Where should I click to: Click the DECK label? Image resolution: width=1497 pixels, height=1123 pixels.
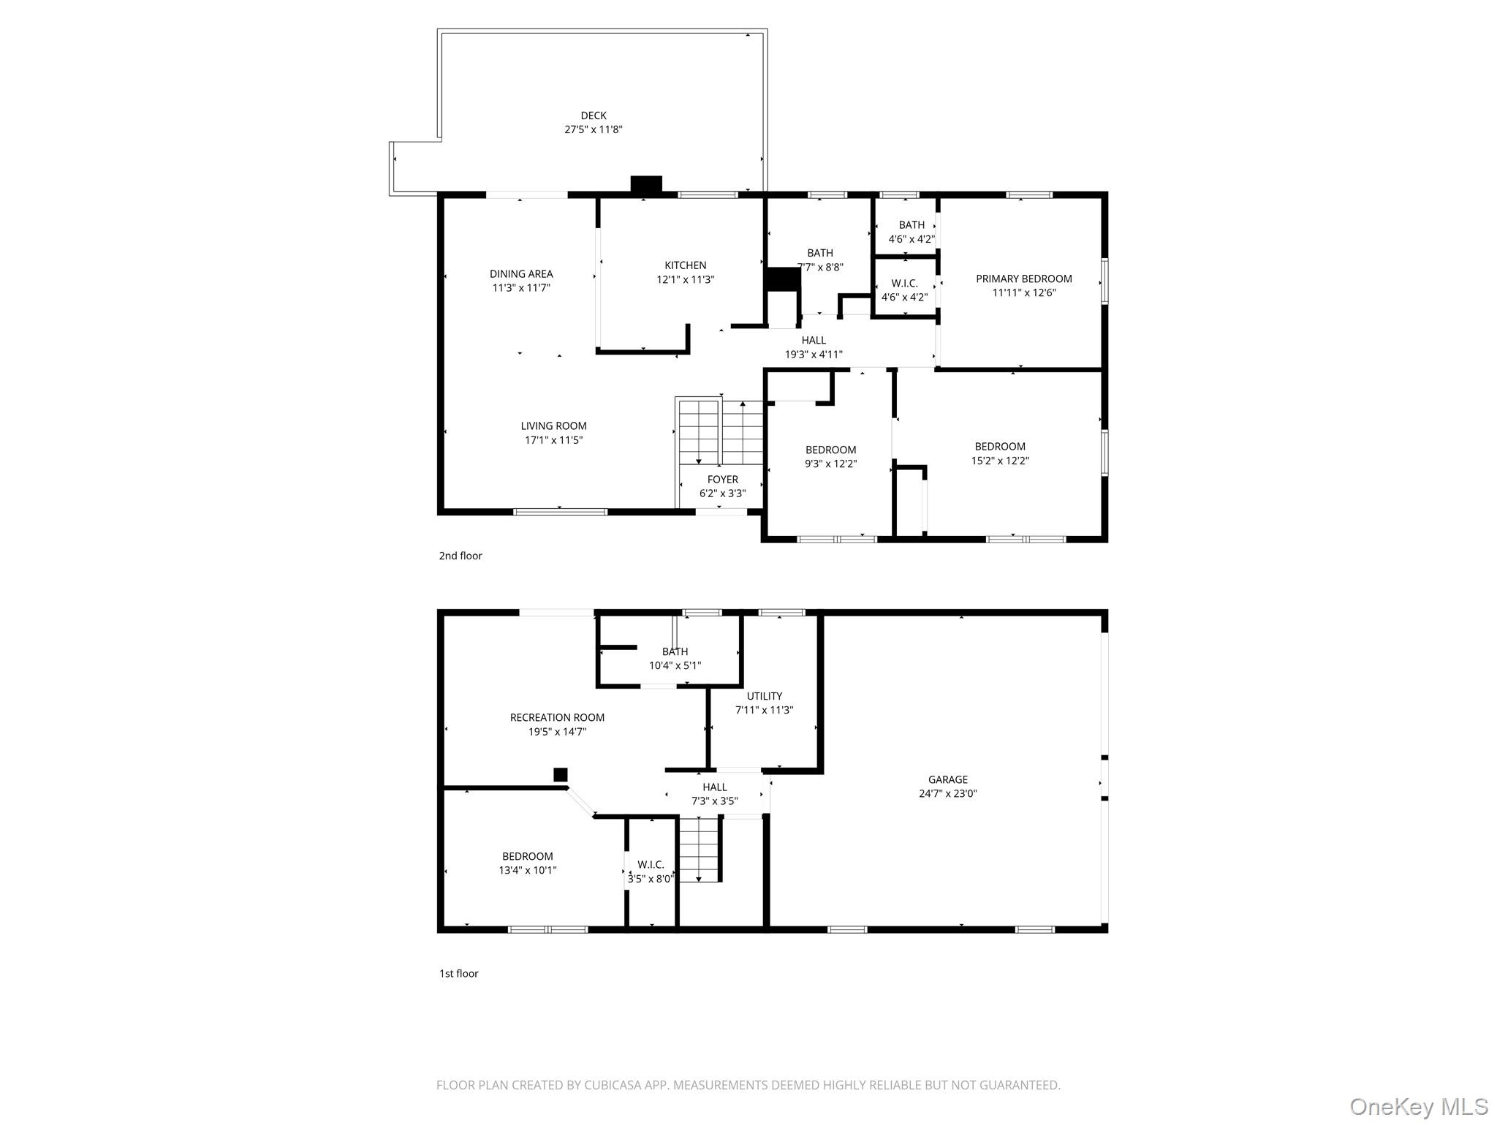click(x=594, y=116)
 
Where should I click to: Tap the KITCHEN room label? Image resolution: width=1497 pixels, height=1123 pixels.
click(x=686, y=265)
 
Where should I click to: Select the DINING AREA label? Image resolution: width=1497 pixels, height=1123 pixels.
click(x=521, y=274)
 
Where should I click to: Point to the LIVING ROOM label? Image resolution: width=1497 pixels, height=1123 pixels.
click(x=553, y=426)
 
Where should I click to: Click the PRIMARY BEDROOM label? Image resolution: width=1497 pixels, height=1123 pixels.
click(x=1024, y=279)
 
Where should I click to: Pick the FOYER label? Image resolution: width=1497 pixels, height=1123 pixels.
click(x=723, y=480)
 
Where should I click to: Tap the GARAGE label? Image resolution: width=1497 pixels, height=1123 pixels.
click(x=948, y=780)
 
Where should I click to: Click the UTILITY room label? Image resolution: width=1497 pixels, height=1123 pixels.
click(x=765, y=696)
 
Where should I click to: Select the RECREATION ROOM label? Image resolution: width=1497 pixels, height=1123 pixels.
click(x=557, y=718)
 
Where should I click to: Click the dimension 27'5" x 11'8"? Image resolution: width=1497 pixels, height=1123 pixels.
click(x=594, y=129)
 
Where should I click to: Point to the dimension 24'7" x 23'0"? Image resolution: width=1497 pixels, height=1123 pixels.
click(x=948, y=794)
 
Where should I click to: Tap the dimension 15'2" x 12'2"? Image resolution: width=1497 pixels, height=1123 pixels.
click(x=1000, y=461)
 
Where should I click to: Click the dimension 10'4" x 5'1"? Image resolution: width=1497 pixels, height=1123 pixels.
click(x=675, y=666)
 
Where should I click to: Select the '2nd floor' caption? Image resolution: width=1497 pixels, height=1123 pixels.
click(x=461, y=556)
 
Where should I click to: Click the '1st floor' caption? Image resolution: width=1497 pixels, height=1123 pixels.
click(x=458, y=974)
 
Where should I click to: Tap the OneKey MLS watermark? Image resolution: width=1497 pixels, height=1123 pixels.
click(x=1419, y=1106)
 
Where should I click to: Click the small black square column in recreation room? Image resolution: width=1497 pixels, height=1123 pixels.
click(x=561, y=775)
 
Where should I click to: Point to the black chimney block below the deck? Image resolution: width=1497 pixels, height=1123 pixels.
click(x=646, y=185)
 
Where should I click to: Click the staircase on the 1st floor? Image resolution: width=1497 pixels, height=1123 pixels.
click(x=700, y=850)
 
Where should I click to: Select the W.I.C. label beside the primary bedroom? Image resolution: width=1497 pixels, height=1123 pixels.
click(x=904, y=284)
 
